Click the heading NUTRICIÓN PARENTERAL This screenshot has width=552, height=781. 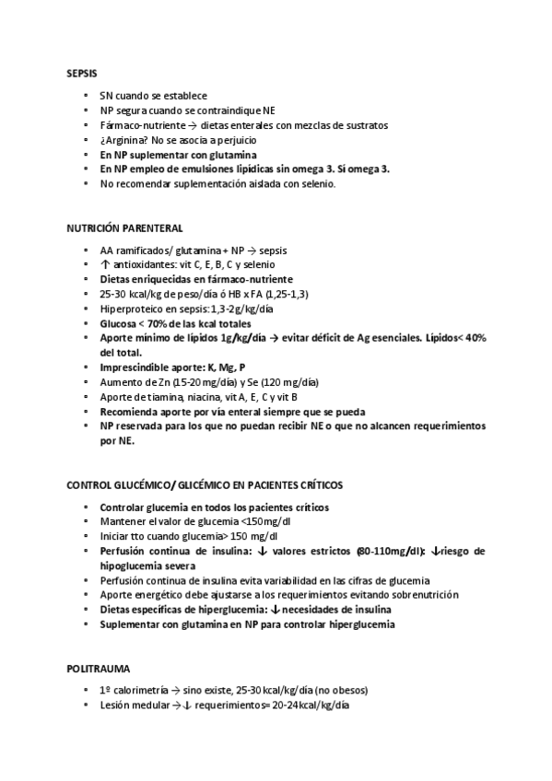[124, 227]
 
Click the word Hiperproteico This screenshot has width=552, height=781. [130, 309]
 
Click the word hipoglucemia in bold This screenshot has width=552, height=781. [136, 565]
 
